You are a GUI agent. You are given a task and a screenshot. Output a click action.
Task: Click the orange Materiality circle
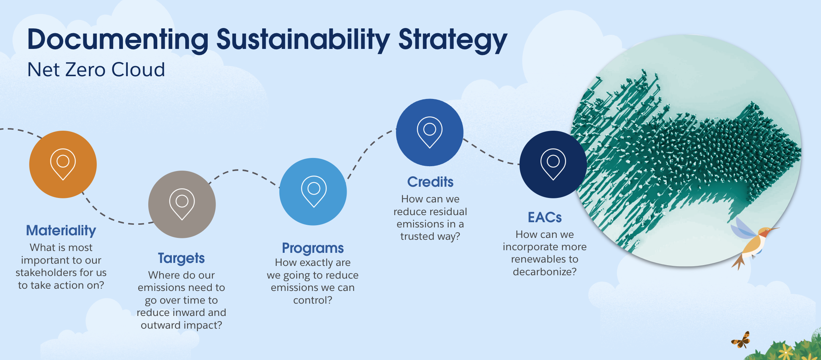coord(63,164)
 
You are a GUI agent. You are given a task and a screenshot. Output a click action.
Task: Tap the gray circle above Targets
coord(182,204)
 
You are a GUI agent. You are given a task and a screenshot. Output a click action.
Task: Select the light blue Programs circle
coord(313,192)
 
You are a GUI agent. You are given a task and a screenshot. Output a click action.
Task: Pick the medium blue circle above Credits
coord(430,133)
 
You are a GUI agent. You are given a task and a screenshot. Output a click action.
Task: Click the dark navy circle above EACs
coord(553,164)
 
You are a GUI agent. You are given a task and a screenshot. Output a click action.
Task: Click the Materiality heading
coord(61,230)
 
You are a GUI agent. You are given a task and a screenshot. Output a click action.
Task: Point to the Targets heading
coord(181,258)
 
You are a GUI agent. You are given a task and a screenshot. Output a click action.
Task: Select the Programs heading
coord(313,248)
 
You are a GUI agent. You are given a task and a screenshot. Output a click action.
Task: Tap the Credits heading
coord(430,182)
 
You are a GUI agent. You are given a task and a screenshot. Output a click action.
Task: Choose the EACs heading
coord(545,217)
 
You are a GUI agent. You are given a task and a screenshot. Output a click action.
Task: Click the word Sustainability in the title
coord(303,40)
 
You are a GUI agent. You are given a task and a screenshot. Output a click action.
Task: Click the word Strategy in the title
coord(453,40)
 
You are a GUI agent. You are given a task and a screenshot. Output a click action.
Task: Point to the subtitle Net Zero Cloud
coord(96,70)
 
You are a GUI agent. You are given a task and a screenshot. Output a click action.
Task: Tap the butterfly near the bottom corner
coord(741,340)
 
